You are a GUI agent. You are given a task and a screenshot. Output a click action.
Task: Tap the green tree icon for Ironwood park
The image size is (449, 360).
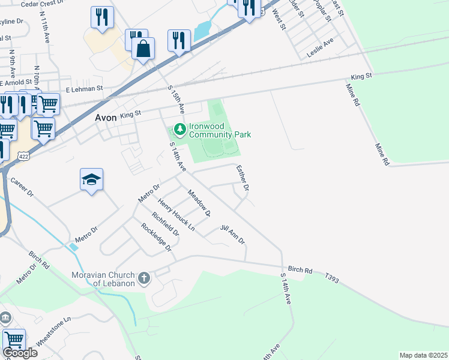179,128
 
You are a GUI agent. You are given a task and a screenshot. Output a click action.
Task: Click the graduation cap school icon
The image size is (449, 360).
92,179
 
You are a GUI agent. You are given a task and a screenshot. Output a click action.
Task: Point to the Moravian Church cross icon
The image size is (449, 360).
143,278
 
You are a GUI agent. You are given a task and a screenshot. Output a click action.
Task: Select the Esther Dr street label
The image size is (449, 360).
243,178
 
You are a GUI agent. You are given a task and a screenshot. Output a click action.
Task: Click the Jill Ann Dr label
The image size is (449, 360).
232,235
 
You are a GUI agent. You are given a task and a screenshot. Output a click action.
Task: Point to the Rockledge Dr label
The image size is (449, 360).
156,237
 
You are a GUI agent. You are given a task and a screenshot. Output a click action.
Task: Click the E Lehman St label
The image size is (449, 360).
85,88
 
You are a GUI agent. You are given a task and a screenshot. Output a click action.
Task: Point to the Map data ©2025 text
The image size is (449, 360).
423,355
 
